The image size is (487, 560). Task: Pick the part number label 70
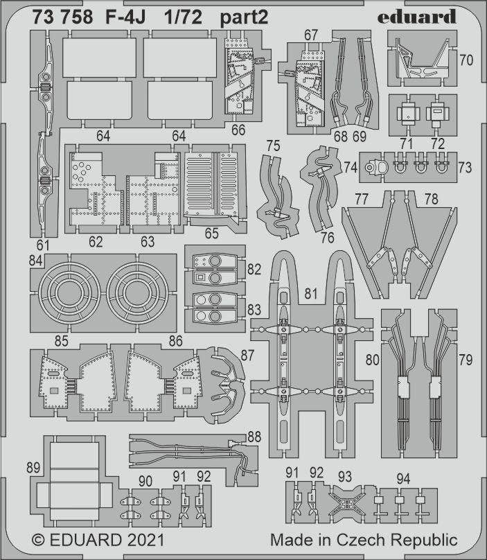pos(466,60)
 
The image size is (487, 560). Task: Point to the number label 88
pos(254,437)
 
